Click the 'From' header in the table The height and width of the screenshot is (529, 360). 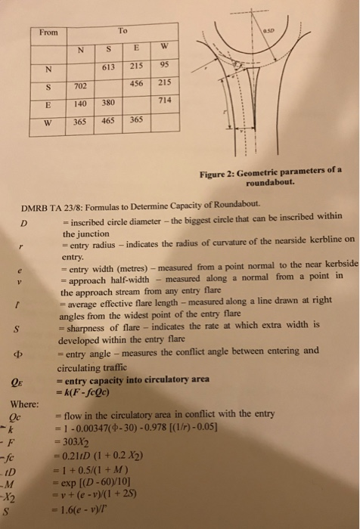pyautogui.click(x=48, y=33)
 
